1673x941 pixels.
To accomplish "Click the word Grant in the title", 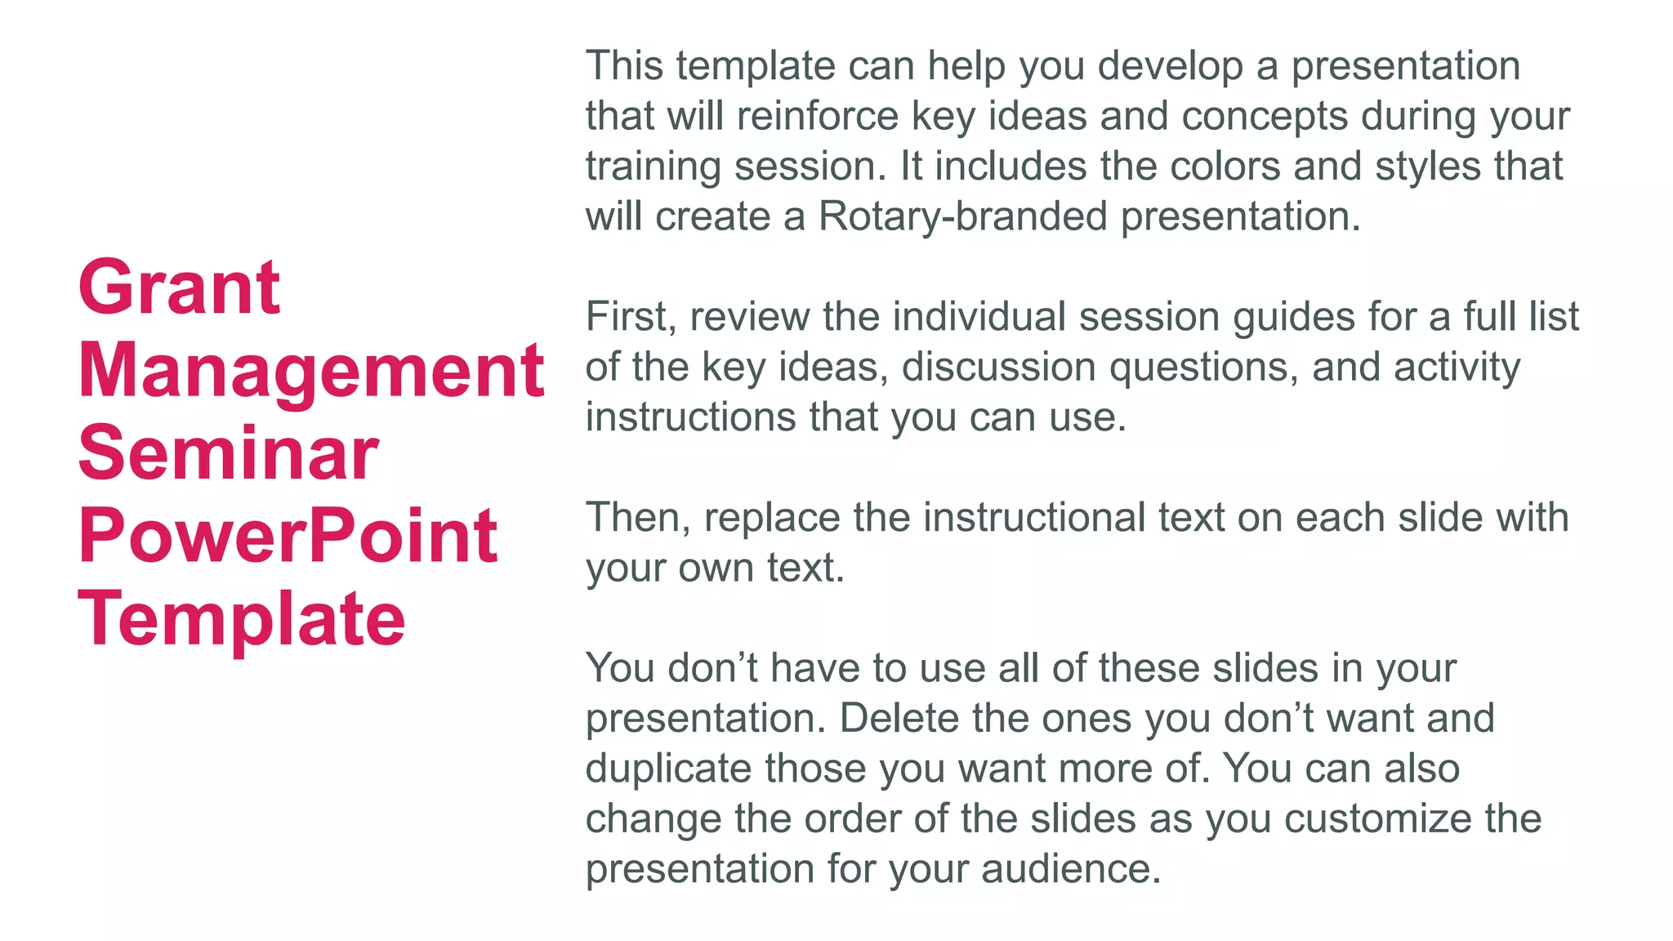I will (179, 287).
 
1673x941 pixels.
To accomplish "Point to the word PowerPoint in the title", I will (288, 536).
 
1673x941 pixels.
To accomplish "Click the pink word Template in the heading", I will (242, 618).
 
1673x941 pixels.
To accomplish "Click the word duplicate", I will (668, 769).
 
